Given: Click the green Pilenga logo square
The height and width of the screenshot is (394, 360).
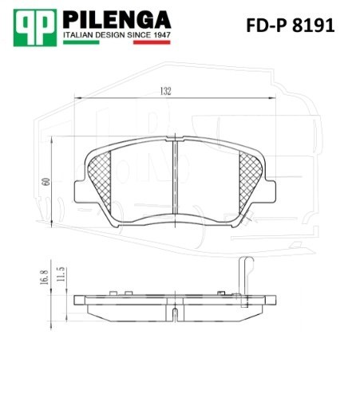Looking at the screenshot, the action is coord(35,28).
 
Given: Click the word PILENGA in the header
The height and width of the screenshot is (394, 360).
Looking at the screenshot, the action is coord(117,20).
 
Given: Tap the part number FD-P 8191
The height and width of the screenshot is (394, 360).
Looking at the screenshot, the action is coord(291,26).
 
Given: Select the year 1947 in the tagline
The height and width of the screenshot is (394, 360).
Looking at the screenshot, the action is coord(161,35).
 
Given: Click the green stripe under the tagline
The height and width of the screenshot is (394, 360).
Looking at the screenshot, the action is coord(81,42).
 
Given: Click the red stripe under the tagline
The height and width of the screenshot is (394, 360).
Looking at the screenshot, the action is coord(152,42).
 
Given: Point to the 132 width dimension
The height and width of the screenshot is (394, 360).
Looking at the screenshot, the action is coord(165,91).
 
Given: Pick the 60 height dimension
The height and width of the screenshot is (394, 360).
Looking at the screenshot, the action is coord(46,182).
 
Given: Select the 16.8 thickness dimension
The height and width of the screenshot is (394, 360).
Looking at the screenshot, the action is coord(44,277).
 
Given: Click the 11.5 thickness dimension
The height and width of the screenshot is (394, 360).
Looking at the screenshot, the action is coord(61,274).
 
